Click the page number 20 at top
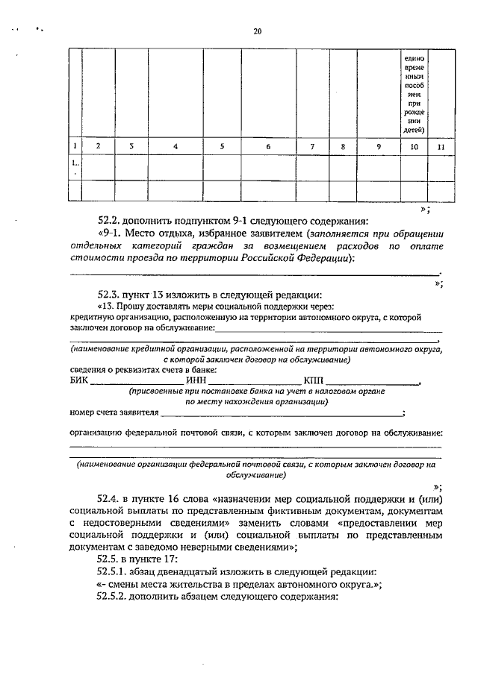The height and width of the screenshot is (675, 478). click(258, 31)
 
